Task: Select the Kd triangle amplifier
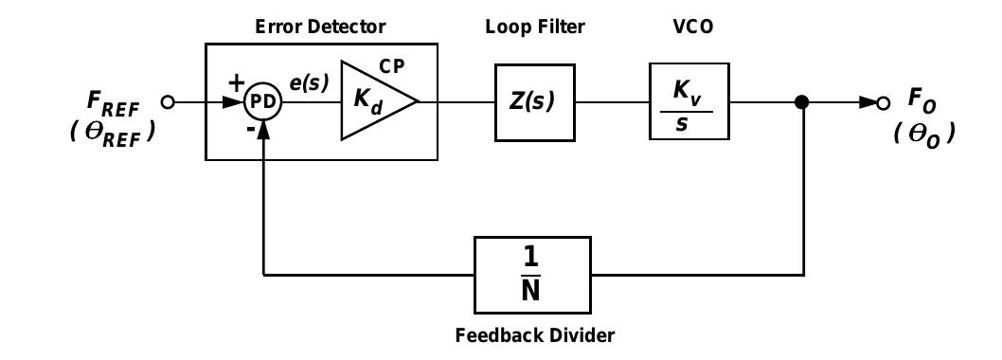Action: click(374, 101)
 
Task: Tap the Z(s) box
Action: click(535, 102)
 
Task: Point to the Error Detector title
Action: click(321, 27)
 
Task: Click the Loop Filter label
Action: click(535, 27)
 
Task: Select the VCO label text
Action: click(687, 27)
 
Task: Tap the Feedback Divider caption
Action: click(535, 334)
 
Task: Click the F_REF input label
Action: click(113, 101)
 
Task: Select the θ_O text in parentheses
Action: click(924, 133)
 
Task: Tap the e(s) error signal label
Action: click(309, 83)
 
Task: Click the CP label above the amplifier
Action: click(392, 66)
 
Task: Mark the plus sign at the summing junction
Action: click(236, 83)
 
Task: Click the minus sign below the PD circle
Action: click(251, 130)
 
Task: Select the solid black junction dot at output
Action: click(803, 102)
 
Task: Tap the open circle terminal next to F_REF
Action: click(169, 102)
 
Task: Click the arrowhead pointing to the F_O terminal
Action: click(868, 102)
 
